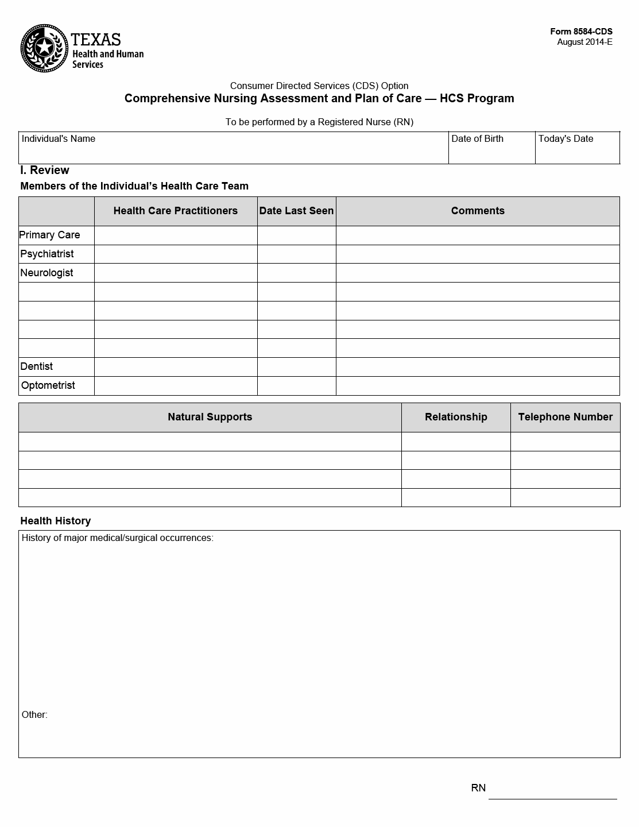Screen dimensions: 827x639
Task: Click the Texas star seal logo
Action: [44, 48]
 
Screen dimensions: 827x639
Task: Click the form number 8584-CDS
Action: [581, 32]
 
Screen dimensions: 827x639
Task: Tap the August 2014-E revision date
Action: [584, 42]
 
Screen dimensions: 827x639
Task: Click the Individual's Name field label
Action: [59, 139]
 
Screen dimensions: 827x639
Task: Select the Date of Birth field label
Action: [477, 139]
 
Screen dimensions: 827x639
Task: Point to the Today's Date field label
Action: [566, 139]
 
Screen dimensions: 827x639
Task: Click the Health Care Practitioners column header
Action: [175, 211]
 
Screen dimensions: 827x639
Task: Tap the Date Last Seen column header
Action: [296, 211]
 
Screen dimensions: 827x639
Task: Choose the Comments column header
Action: [478, 211]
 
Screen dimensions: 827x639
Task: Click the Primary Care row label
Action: [49, 235]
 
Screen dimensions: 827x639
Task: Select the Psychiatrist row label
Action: [47, 254]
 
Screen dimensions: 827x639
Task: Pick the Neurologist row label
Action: [47, 273]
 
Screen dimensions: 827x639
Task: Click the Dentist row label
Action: [37, 366]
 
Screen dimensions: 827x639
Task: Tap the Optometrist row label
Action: [48, 385]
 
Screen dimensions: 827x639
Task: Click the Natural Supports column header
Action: [210, 417]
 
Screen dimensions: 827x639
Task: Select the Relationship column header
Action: [456, 417]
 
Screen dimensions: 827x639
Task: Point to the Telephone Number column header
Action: [565, 417]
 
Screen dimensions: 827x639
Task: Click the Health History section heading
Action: [56, 521]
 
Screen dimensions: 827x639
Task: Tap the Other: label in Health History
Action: [34, 715]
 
